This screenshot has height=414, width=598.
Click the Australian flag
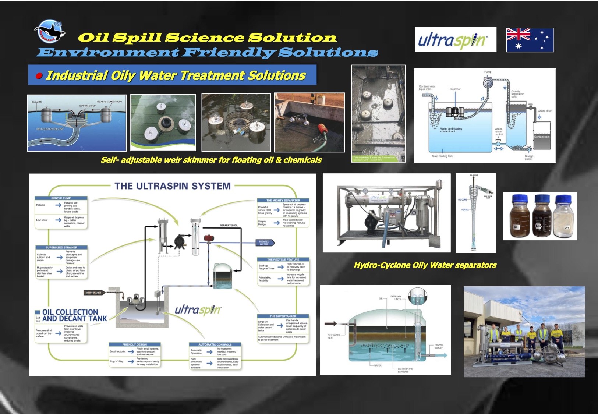pyautogui.click(x=530, y=40)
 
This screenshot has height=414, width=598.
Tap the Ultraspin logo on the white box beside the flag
pyautogui.click(x=455, y=39)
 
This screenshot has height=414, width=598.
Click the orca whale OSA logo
pyautogui.click(x=50, y=31)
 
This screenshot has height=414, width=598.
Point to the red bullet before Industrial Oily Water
pyautogui.click(x=39, y=76)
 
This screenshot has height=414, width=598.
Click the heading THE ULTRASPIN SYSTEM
pyautogui.click(x=172, y=186)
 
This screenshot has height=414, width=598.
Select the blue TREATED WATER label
pyautogui.click(x=264, y=243)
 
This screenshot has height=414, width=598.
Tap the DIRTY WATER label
pyautogui.click(x=93, y=293)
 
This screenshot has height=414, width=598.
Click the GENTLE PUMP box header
pyautogui.click(x=61, y=198)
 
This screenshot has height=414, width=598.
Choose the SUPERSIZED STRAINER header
pyautogui.click(x=61, y=247)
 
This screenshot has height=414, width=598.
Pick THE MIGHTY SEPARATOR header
pyautogui.click(x=283, y=201)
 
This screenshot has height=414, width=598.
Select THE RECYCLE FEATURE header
pyautogui.click(x=283, y=259)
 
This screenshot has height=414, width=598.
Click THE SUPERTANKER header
pyautogui.click(x=283, y=316)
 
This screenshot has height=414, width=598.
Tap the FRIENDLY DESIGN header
pyautogui.click(x=134, y=344)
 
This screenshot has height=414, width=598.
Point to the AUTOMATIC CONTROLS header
pyautogui.click(x=215, y=344)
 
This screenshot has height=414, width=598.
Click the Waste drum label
pyautogui.click(x=545, y=111)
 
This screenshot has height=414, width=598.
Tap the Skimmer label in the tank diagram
pyautogui.click(x=455, y=89)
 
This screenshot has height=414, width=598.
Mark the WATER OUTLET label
pyautogui.click(x=439, y=347)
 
